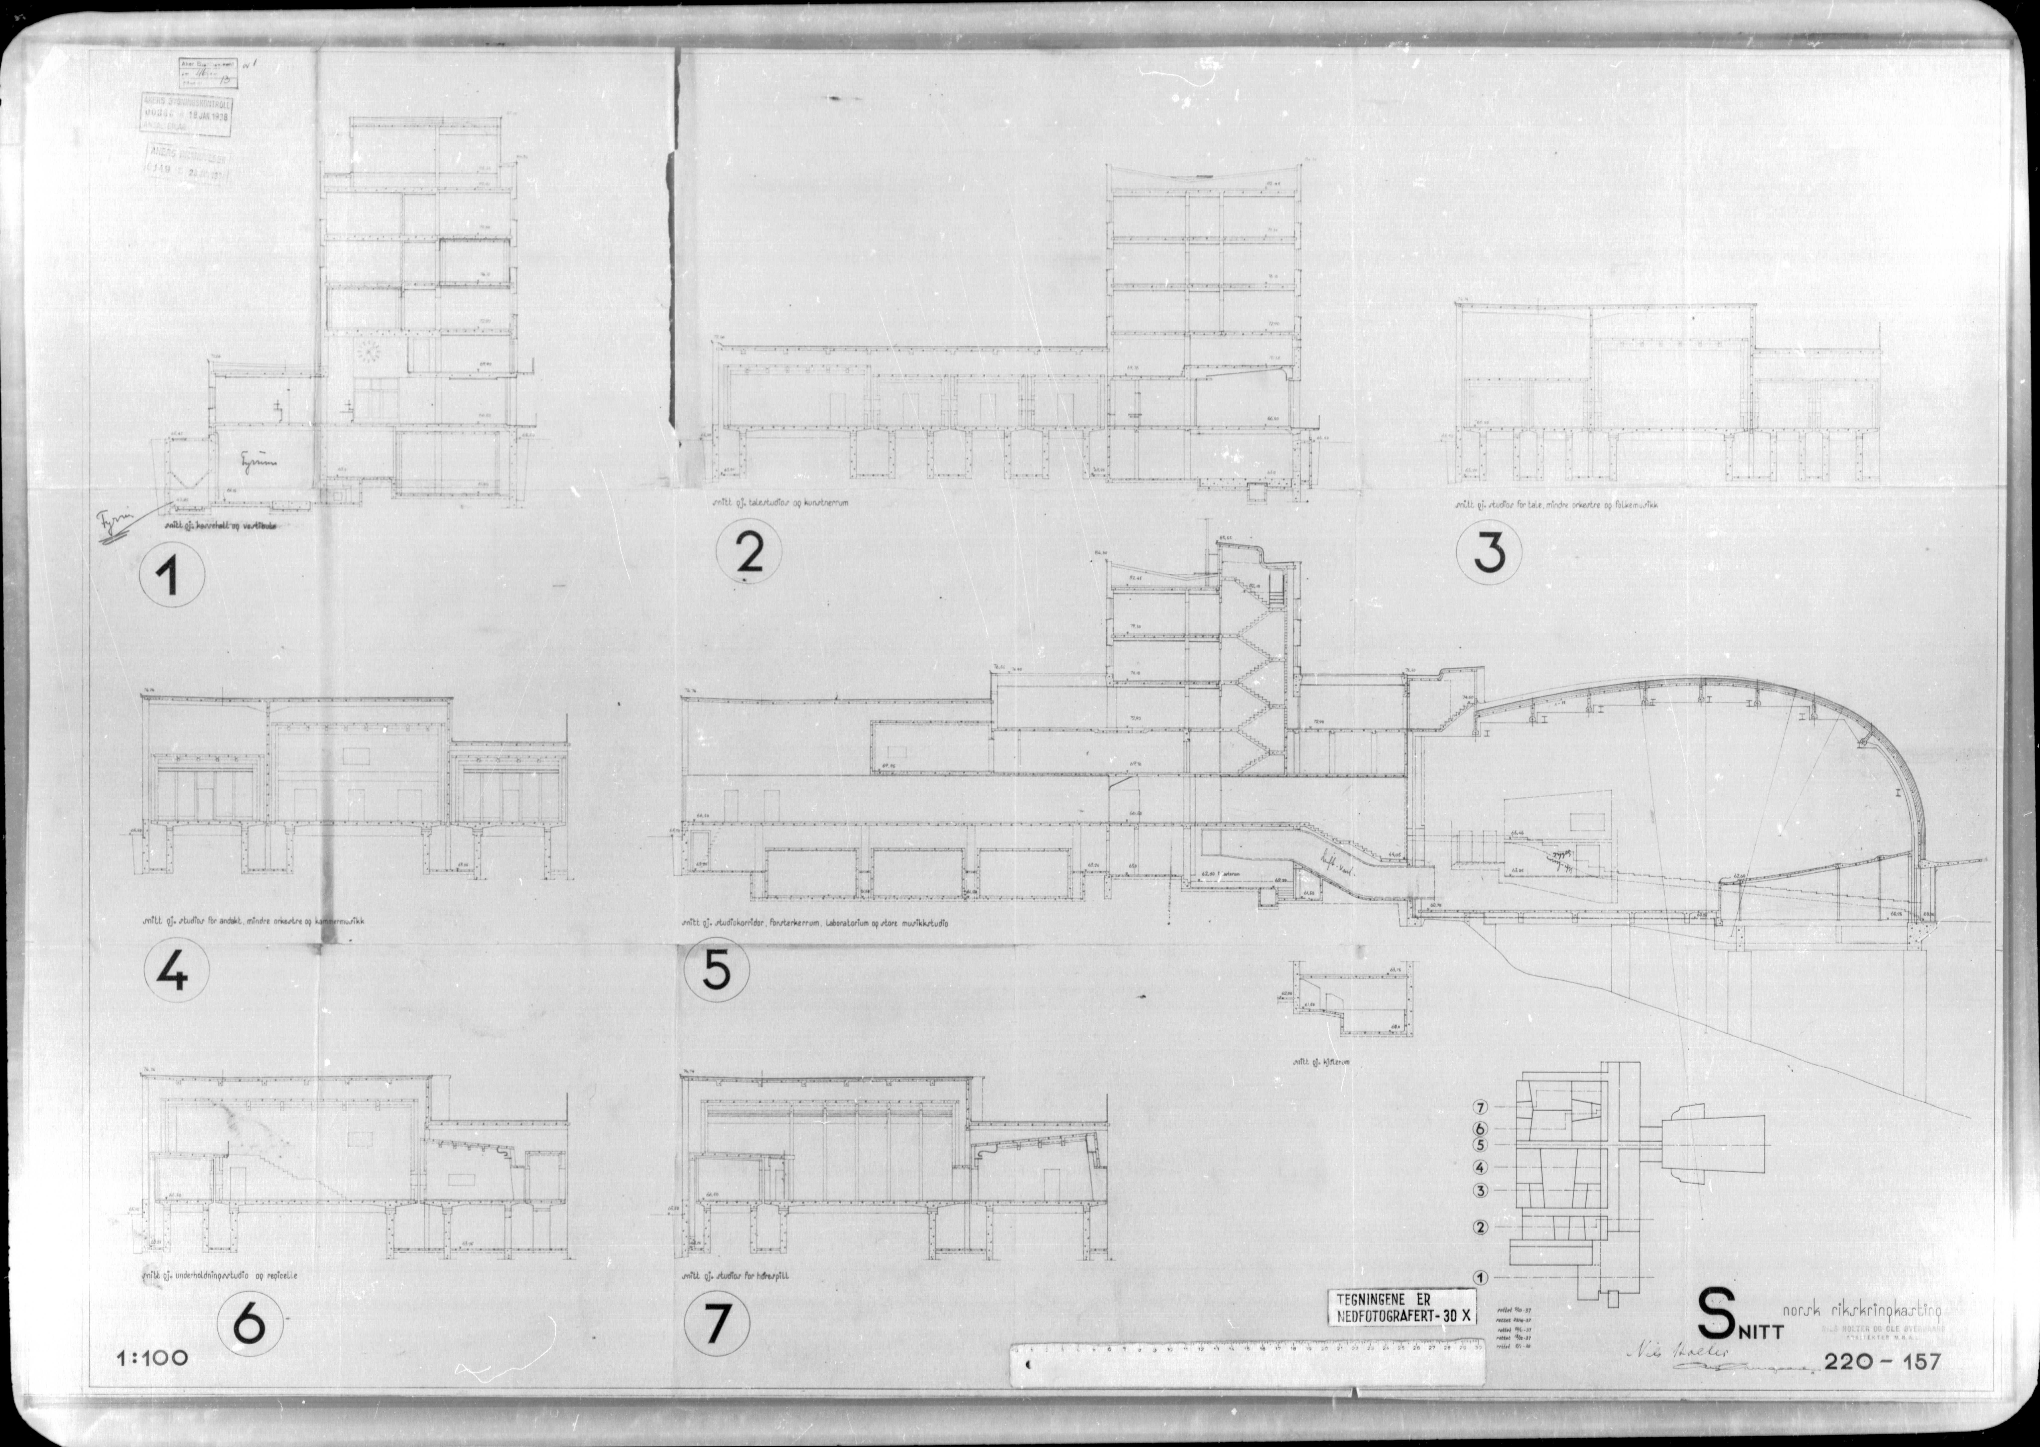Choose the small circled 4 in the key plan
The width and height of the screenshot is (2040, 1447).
[1480, 1167]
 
